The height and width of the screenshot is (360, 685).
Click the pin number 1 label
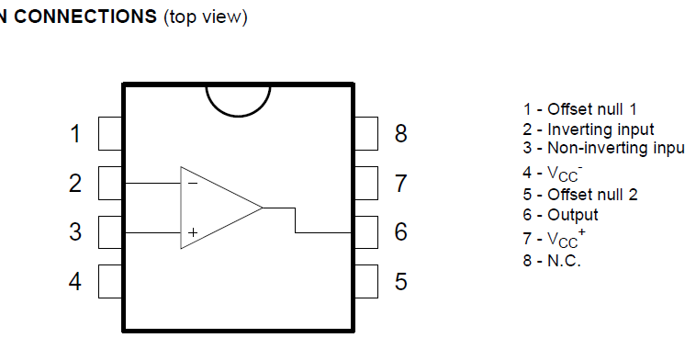click(75, 134)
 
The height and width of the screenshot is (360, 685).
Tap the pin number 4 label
click(75, 280)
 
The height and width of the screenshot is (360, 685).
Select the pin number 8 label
click(400, 134)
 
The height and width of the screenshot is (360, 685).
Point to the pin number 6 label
click(400, 232)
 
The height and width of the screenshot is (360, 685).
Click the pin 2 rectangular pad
click(110, 183)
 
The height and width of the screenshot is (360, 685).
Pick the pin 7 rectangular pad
click(365, 183)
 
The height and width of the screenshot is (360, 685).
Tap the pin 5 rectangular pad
click(365, 280)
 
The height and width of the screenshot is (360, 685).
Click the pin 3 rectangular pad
click(110, 231)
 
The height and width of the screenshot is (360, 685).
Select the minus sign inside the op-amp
click(192, 183)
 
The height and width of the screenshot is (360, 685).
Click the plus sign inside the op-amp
click(192, 233)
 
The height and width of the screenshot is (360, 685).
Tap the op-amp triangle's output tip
click(262, 208)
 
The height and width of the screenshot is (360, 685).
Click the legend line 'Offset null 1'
click(579, 109)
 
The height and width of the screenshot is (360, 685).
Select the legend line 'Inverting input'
click(589, 129)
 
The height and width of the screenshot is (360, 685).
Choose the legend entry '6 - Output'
click(560, 215)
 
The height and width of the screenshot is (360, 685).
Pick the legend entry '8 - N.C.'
click(552, 260)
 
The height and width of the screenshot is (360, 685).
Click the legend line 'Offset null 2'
click(580, 194)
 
